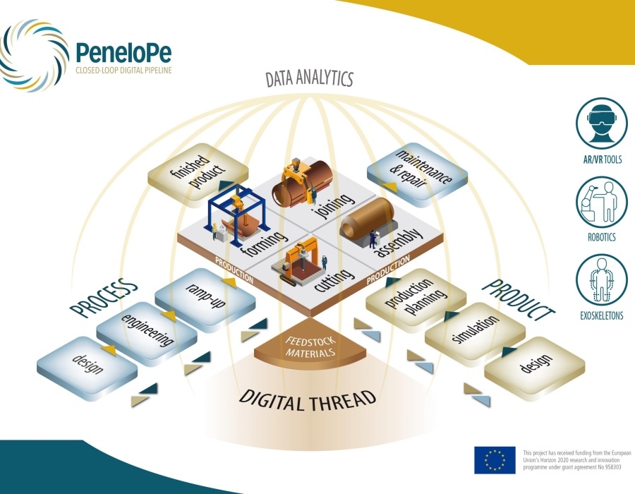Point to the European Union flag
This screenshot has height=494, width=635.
click(495, 459)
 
